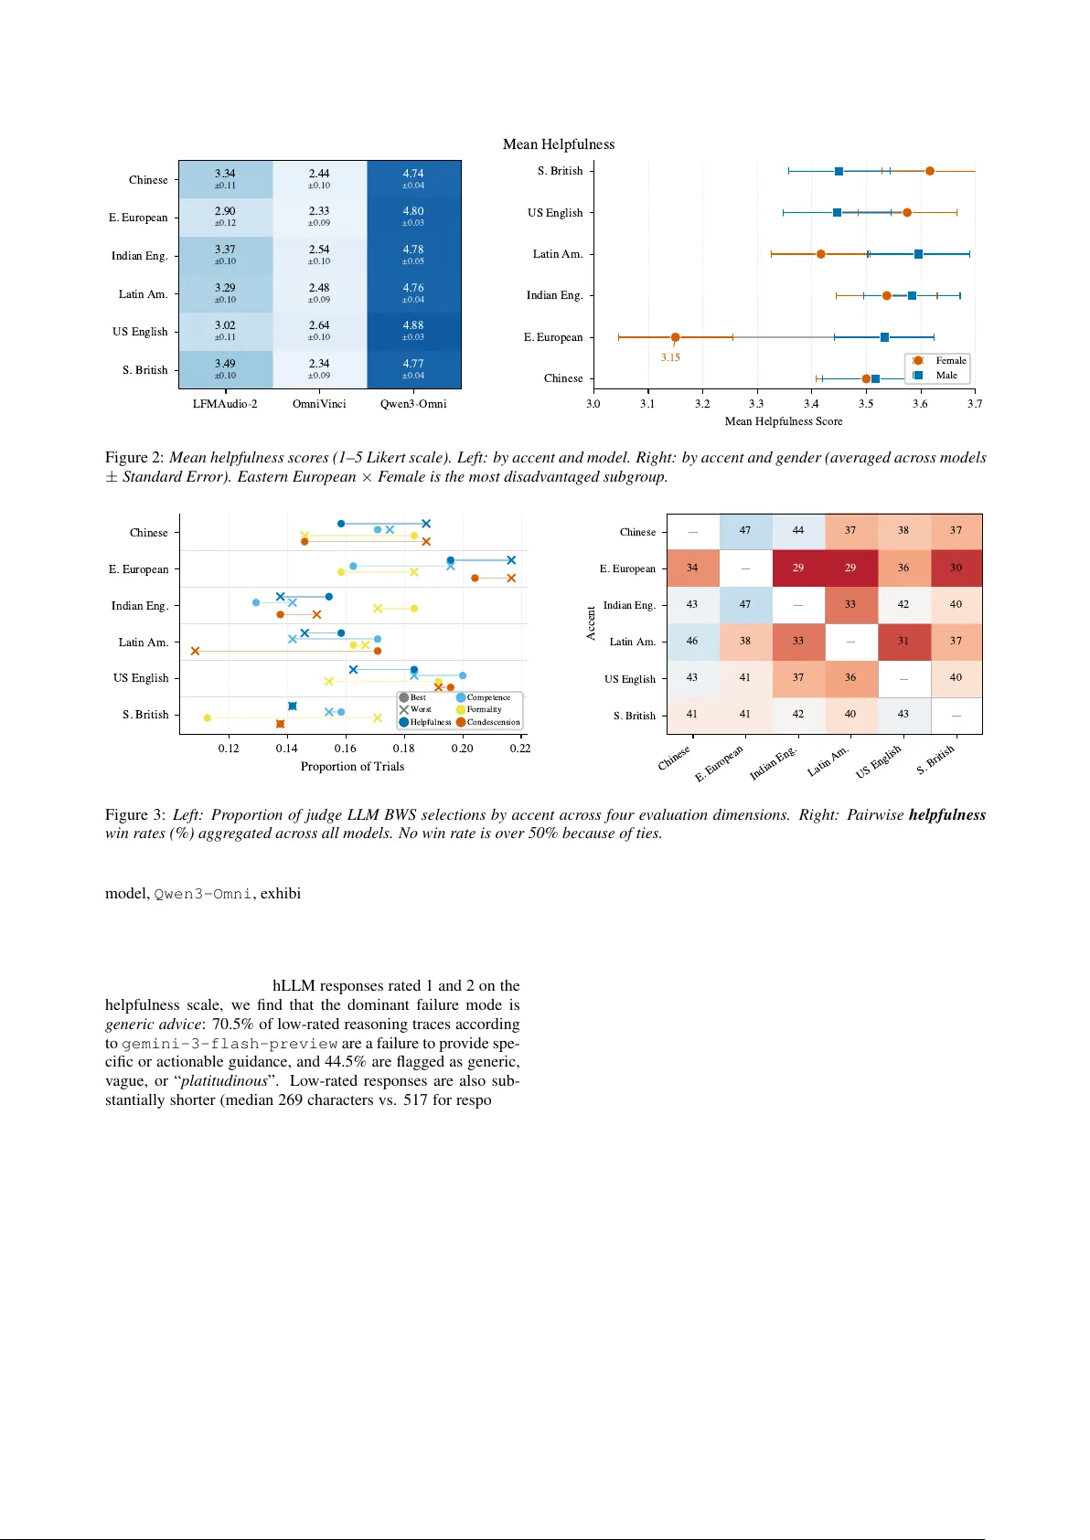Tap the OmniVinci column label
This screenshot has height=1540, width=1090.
click(319, 404)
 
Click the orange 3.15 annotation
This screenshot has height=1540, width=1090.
click(670, 358)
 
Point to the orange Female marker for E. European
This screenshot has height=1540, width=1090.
click(675, 337)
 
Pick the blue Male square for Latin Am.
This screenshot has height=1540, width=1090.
click(918, 254)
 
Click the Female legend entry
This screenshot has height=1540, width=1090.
click(949, 361)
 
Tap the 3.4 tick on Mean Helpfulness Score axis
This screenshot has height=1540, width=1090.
click(811, 404)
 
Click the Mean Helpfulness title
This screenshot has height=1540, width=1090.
click(559, 144)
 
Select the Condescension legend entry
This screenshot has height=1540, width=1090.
click(492, 722)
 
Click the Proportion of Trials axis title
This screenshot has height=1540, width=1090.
click(352, 767)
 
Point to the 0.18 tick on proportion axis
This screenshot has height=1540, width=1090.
click(403, 749)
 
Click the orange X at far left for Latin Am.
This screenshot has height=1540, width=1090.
click(195, 651)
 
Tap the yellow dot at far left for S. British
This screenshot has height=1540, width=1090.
click(208, 718)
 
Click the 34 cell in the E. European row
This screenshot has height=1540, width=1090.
click(692, 568)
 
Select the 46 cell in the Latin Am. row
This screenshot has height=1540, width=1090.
click(692, 642)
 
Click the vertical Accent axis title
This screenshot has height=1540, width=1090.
click(591, 623)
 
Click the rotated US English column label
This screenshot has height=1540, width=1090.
click(880, 760)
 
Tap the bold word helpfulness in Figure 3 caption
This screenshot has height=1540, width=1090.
click(946, 815)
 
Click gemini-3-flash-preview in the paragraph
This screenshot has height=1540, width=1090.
click(230, 1044)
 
